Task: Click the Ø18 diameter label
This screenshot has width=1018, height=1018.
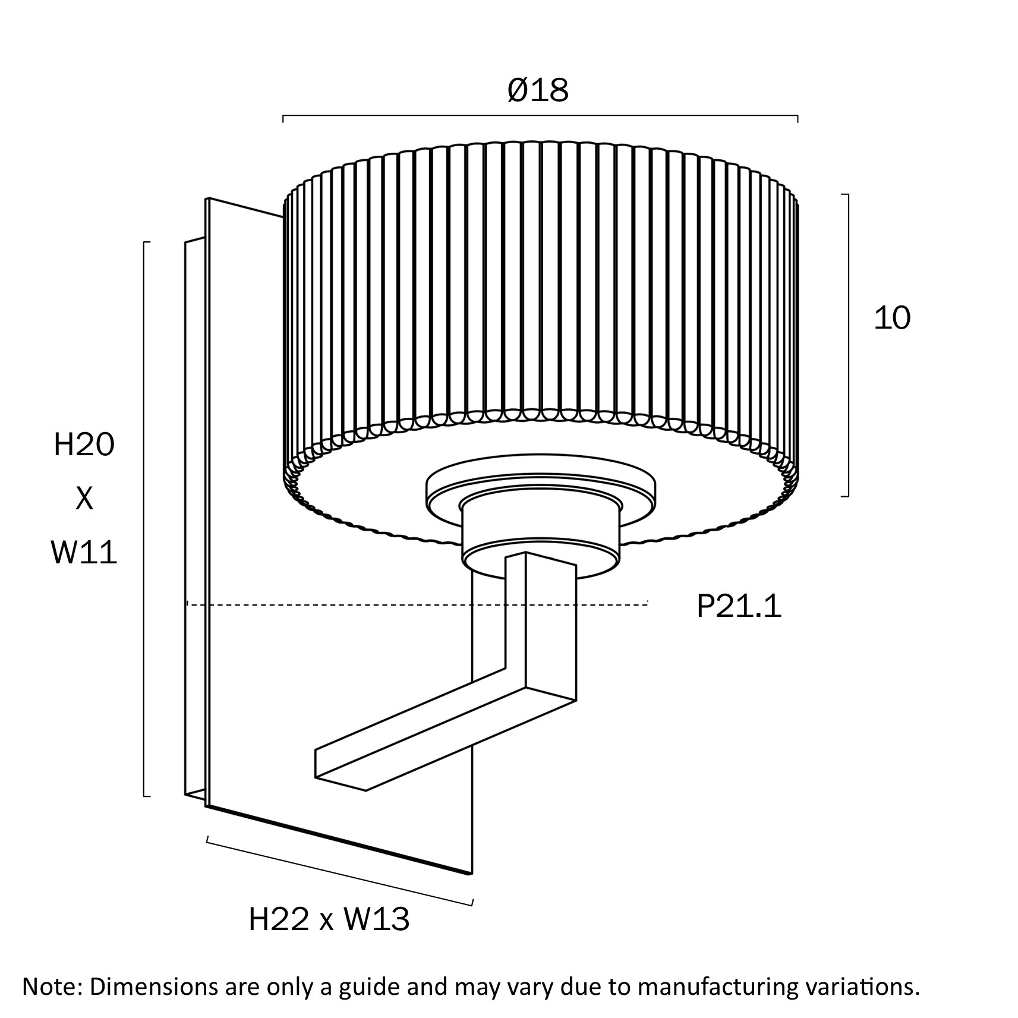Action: pos(538,91)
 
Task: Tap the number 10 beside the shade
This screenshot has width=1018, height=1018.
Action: pos(892,319)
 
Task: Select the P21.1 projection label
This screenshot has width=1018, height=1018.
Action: pos(739,607)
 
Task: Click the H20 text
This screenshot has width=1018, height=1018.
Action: pos(84,445)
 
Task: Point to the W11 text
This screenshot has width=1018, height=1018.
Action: pos(84,553)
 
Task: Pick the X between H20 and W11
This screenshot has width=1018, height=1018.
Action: pos(84,499)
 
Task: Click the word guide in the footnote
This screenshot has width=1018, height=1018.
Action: pos(370,987)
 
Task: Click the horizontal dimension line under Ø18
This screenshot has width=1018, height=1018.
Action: pos(540,115)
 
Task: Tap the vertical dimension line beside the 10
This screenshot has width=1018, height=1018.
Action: pos(848,345)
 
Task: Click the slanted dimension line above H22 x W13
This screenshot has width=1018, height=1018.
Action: pos(339,872)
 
